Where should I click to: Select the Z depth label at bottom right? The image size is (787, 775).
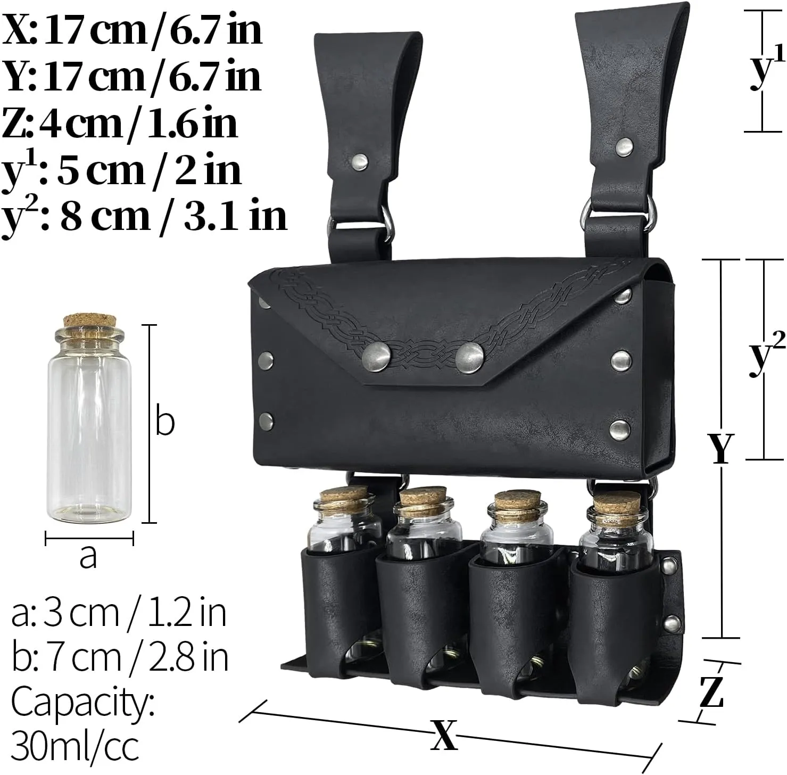click(711, 692)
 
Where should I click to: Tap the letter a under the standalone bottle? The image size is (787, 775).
click(88, 557)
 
